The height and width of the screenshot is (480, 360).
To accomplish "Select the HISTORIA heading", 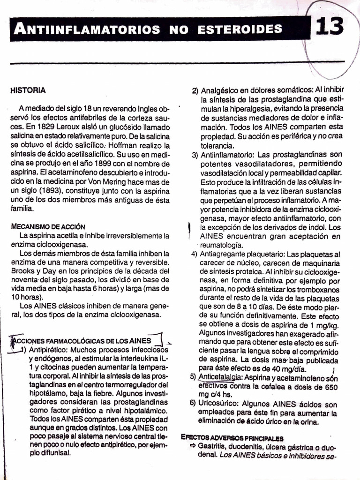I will point(28,90).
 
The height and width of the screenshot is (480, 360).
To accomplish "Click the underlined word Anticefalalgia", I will point(220,377).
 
